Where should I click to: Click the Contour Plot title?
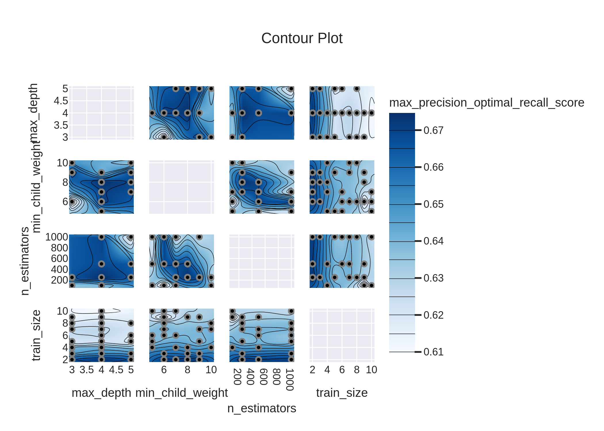pos(302,38)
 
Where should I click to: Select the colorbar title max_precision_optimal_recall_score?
pos(486,103)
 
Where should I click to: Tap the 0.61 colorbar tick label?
pos(433,352)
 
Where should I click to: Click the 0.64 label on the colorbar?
pos(433,241)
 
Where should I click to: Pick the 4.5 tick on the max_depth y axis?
pos(61,101)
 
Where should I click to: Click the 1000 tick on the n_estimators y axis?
pos(57,237)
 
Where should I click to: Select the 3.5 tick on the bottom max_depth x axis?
pos(87,370)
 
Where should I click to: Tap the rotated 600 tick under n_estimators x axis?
pos(263,377)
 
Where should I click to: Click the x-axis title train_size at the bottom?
pos(342,393)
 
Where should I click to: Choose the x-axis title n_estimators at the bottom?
pos(261,408)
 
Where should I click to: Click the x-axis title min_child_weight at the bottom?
pos(181,393)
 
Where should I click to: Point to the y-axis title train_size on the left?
pos(36,335)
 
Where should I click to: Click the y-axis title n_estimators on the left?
pos(25,261)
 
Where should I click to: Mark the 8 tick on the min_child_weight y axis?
pos(65,182)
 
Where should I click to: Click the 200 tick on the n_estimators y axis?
pos(59,280)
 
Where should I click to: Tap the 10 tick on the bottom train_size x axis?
pos(371,370)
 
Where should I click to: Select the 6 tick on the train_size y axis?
pos(65,335)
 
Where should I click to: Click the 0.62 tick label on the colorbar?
pos(433,315)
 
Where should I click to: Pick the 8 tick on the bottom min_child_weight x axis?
pos(188,370)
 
